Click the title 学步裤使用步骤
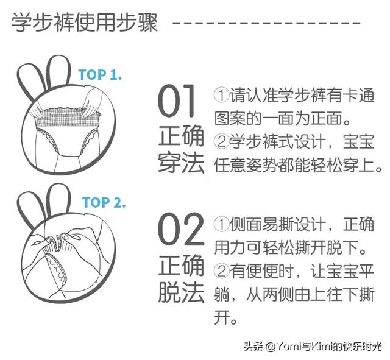coord(85,23)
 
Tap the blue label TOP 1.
coord(100,74)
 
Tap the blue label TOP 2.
coord(104,202)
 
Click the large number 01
coord(176,101)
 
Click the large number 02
coord(181,228)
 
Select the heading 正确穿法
coord(181,149)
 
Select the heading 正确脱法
coord(181,278)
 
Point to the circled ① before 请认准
coord(221,95)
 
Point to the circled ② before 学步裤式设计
coord(221,142)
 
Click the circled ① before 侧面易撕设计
coord(221,224)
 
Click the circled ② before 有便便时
coord(221,270)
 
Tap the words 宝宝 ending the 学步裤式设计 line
coord(358,142)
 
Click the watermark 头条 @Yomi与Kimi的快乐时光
coord(313,347)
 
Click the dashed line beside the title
coord(266,23)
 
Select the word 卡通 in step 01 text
coord(358,95)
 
